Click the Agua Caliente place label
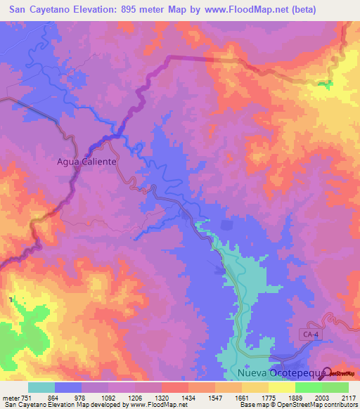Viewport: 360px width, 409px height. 86,161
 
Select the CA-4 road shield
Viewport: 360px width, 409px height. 312,334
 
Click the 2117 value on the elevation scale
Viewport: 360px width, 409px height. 348,397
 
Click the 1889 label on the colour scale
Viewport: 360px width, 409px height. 295,397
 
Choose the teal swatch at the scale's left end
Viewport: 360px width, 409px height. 41,387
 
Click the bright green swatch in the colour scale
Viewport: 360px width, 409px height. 309,387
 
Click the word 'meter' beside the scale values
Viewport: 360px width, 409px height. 10,397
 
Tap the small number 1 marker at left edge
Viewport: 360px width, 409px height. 11,300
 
